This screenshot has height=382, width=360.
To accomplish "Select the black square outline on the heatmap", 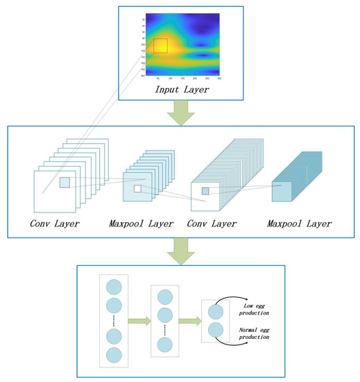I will (x=160, y=46).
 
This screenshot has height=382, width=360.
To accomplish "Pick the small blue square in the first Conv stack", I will (x=65, y=182).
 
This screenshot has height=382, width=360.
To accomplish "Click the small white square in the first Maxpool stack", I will (x=137, y=189).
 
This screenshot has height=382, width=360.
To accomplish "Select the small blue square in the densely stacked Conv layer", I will (x=205, y=190).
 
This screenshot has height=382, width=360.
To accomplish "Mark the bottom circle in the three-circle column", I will (x=165, y=344).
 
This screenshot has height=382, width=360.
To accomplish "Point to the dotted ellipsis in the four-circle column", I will (x=113, y=322).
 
